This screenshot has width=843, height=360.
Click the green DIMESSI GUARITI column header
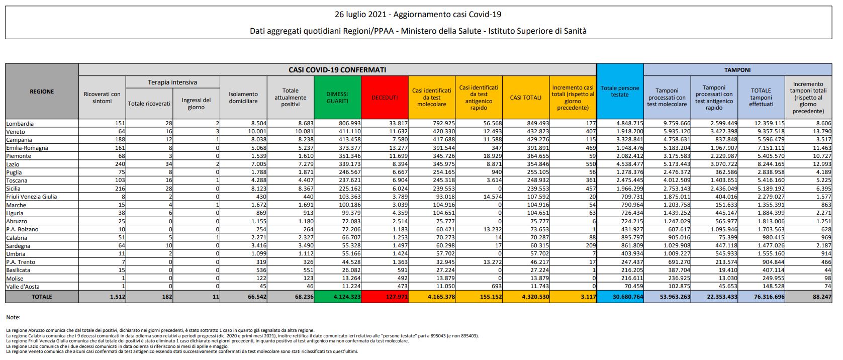pos(337,98)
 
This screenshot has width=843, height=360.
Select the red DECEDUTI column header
pos(385,98)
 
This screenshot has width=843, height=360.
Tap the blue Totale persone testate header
pos(620,91)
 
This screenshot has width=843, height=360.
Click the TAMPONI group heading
pos(737,70)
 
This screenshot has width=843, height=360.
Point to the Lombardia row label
pos(20,123)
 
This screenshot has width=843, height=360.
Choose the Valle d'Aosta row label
pos(23,287)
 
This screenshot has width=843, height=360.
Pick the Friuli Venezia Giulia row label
pos(31,197)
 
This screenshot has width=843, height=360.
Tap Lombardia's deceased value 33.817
pos(396,123)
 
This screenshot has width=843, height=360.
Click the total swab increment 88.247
pos(819,297)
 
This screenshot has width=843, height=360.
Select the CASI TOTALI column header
pos(525,98)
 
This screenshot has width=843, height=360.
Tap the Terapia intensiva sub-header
pos(172,82)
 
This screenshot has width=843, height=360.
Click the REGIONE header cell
pos(42,92)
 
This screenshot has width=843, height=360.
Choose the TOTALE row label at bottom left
pos(42,297)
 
